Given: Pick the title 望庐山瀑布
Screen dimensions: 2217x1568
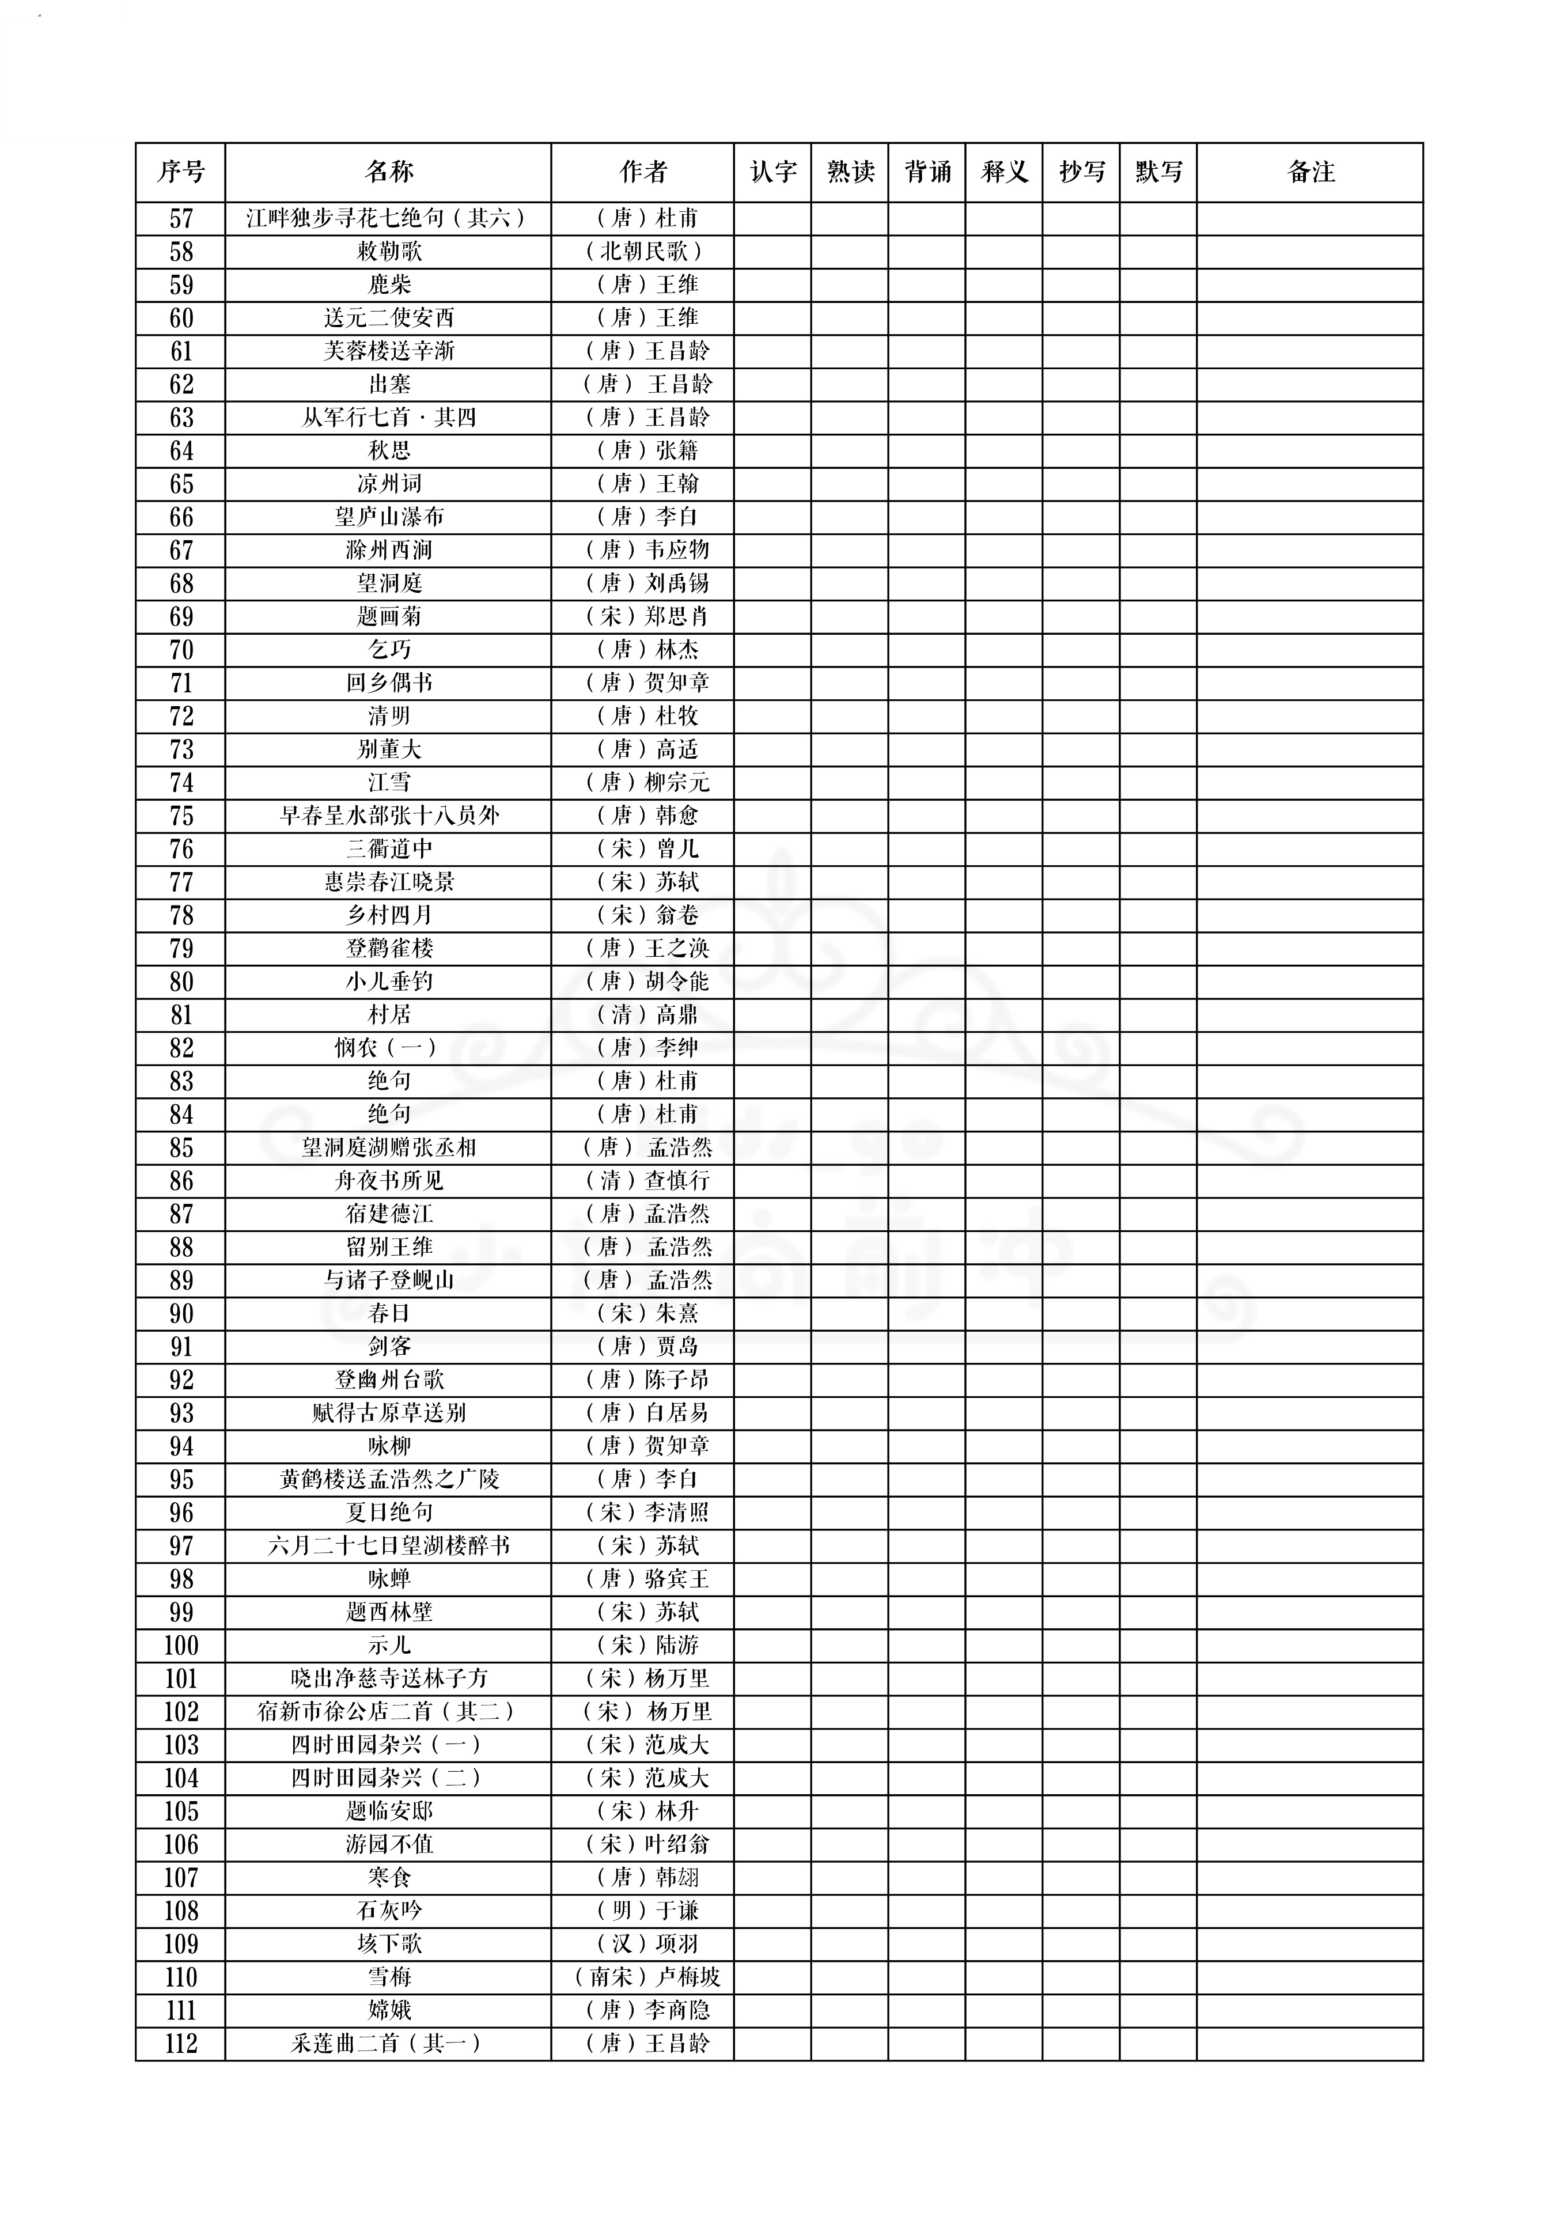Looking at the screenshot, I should coord(389,518).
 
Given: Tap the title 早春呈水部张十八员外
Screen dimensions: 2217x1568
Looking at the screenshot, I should coord(389,816).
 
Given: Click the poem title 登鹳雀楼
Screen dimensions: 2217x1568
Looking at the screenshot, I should coord(389,949).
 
